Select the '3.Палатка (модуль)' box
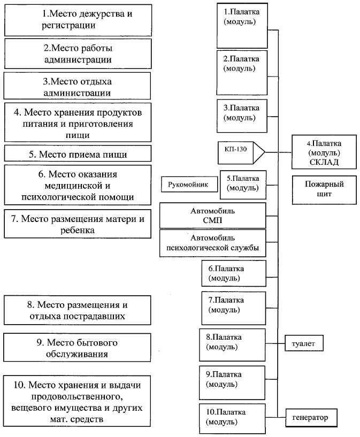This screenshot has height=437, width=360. coord(241,113)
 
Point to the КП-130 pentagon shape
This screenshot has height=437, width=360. coord(241,151)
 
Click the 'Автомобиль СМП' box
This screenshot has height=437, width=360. coord(213,215)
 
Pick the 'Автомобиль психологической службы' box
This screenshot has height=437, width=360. coord(213,243)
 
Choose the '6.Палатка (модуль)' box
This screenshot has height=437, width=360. coord(234,273)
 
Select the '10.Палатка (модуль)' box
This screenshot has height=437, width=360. coord(232,419)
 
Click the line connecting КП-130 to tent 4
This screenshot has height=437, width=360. coord(278,151)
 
